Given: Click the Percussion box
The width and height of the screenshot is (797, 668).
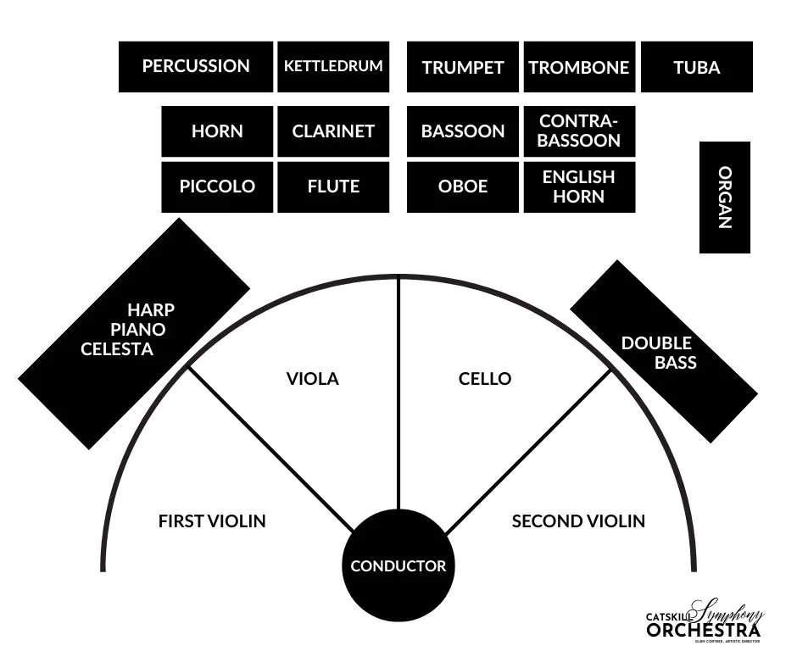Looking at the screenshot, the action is click(196, 66).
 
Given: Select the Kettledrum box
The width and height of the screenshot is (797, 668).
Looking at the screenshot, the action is click(333, 66).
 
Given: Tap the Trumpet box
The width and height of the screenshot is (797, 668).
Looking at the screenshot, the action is click(463, 68).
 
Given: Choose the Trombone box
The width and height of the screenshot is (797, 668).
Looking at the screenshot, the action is click(579, 68).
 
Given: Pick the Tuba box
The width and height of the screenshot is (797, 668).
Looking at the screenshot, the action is click(697, 68).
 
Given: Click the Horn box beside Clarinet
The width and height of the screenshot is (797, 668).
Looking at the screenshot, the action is click(217, 131).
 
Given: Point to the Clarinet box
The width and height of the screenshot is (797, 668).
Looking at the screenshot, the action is click(333, 131).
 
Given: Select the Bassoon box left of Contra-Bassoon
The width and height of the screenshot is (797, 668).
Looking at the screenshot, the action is click(463, 131).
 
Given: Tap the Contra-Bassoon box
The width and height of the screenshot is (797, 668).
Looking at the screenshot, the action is click(579, 131).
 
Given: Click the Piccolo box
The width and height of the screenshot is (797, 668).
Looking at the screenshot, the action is click(217, 186).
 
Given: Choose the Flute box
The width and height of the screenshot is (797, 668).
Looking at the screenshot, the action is click(333, 186).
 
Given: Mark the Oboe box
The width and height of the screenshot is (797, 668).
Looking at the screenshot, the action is click(463, 186).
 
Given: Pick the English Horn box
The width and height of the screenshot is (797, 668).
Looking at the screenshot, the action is click(579, 186).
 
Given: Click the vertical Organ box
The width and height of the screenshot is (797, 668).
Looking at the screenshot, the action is click(725, 198).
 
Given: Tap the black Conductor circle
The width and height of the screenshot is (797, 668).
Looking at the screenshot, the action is click(398, 565).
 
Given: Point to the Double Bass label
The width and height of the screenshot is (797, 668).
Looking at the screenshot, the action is click(658, 353).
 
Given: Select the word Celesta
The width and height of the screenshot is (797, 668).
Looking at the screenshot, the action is click(117, 348).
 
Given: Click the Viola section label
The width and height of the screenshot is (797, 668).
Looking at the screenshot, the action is click(312, 379).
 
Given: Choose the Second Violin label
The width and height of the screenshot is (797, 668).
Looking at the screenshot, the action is click(578, 521).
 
